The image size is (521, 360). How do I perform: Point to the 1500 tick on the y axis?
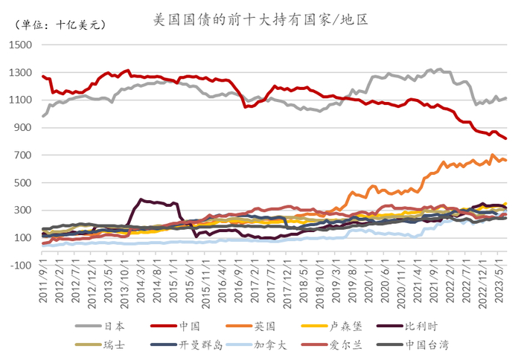(x=21, y=45)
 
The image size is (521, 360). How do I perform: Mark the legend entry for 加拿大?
(x=261, y=344)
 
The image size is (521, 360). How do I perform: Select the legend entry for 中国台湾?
(x=426, y=344)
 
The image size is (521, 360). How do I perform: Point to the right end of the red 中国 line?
(x=506, y=138)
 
